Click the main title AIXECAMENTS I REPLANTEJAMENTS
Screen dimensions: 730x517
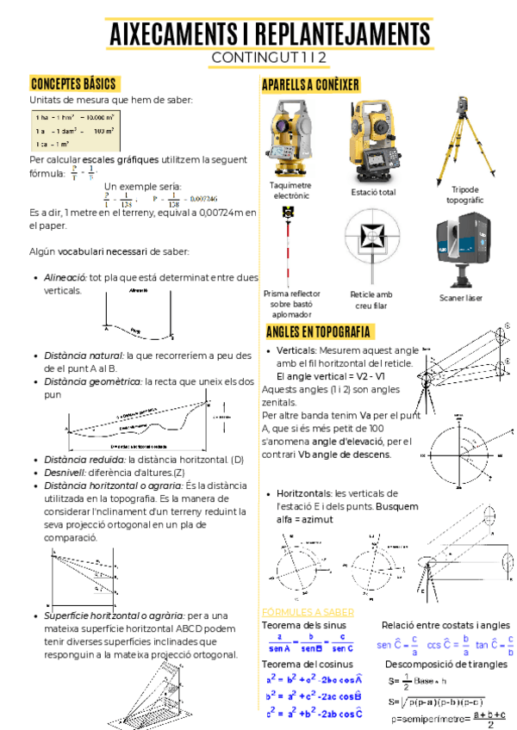click(269, 34)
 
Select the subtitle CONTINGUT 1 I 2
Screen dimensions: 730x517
click(269, 58)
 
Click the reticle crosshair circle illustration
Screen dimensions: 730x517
click(371, 246)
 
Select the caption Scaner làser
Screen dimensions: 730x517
click(460, 298)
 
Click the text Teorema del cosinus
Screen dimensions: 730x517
click(303, 665)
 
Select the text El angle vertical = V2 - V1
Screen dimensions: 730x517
click(331, 376)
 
